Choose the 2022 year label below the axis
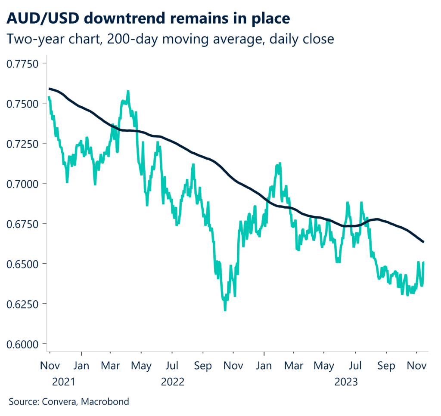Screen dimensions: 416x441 click(x=172, y=382)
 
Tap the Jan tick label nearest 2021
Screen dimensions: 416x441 click(x=81, y=366)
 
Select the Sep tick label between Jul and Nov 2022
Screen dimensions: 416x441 click(x=203, y=366)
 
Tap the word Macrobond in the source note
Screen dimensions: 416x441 click(x=106, y=402)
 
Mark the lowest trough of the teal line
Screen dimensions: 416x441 click(x=225, y=310)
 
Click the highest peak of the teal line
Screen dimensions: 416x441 click(x=128, y=91)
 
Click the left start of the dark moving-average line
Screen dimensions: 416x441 click(x=49, y=89)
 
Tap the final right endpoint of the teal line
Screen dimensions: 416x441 click(x=424, y=262)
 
